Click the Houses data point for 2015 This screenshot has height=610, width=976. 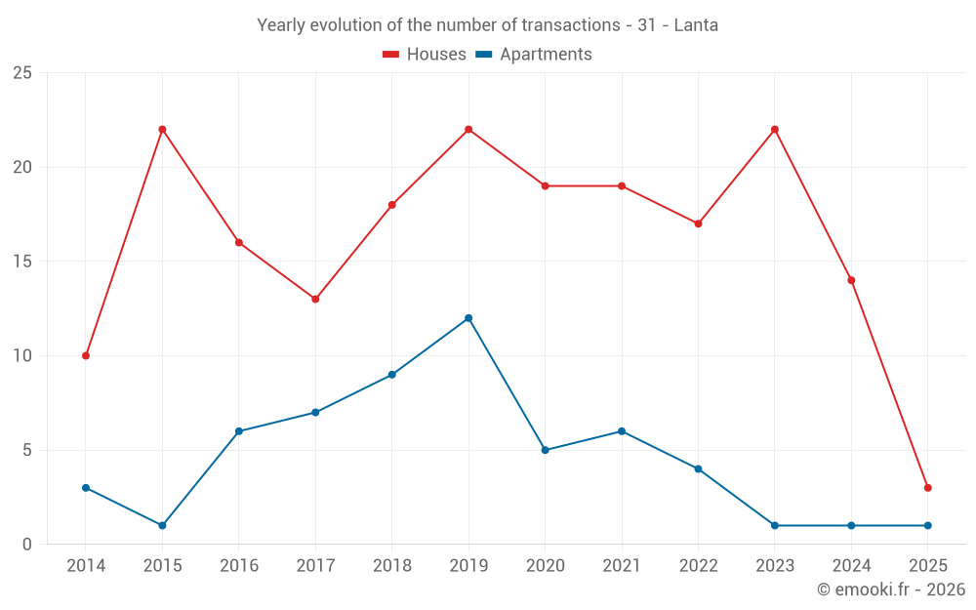click(x=162, y=130)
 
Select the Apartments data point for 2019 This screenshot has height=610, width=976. click(x=468, y=318)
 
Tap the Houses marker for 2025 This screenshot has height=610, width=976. click(x=927, y=488)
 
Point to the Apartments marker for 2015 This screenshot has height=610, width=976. click(x=162, y=525)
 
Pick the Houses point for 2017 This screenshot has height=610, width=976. click(x=315, y=299)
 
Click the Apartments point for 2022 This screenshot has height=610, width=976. click(x=698, y=468)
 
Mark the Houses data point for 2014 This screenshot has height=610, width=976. click(x=86, y=355)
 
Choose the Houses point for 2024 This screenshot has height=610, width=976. click(x=851, y=280)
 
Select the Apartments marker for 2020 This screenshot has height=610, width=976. click(x=545, y=450)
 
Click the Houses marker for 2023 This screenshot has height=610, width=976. click(x=775, y=130)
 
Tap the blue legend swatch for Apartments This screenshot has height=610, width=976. click(x=483, y=55)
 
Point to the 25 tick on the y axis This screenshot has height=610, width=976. click(x=21, y=73)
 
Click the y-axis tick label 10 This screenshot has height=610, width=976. click(x=21, y=356)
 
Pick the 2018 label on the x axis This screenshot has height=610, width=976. click(x=391, y=565)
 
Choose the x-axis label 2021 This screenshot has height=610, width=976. click(x=622, y=565)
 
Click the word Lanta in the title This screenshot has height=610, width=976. click(x=696, y=25)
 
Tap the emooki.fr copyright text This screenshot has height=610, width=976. click(x=890, y=590)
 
